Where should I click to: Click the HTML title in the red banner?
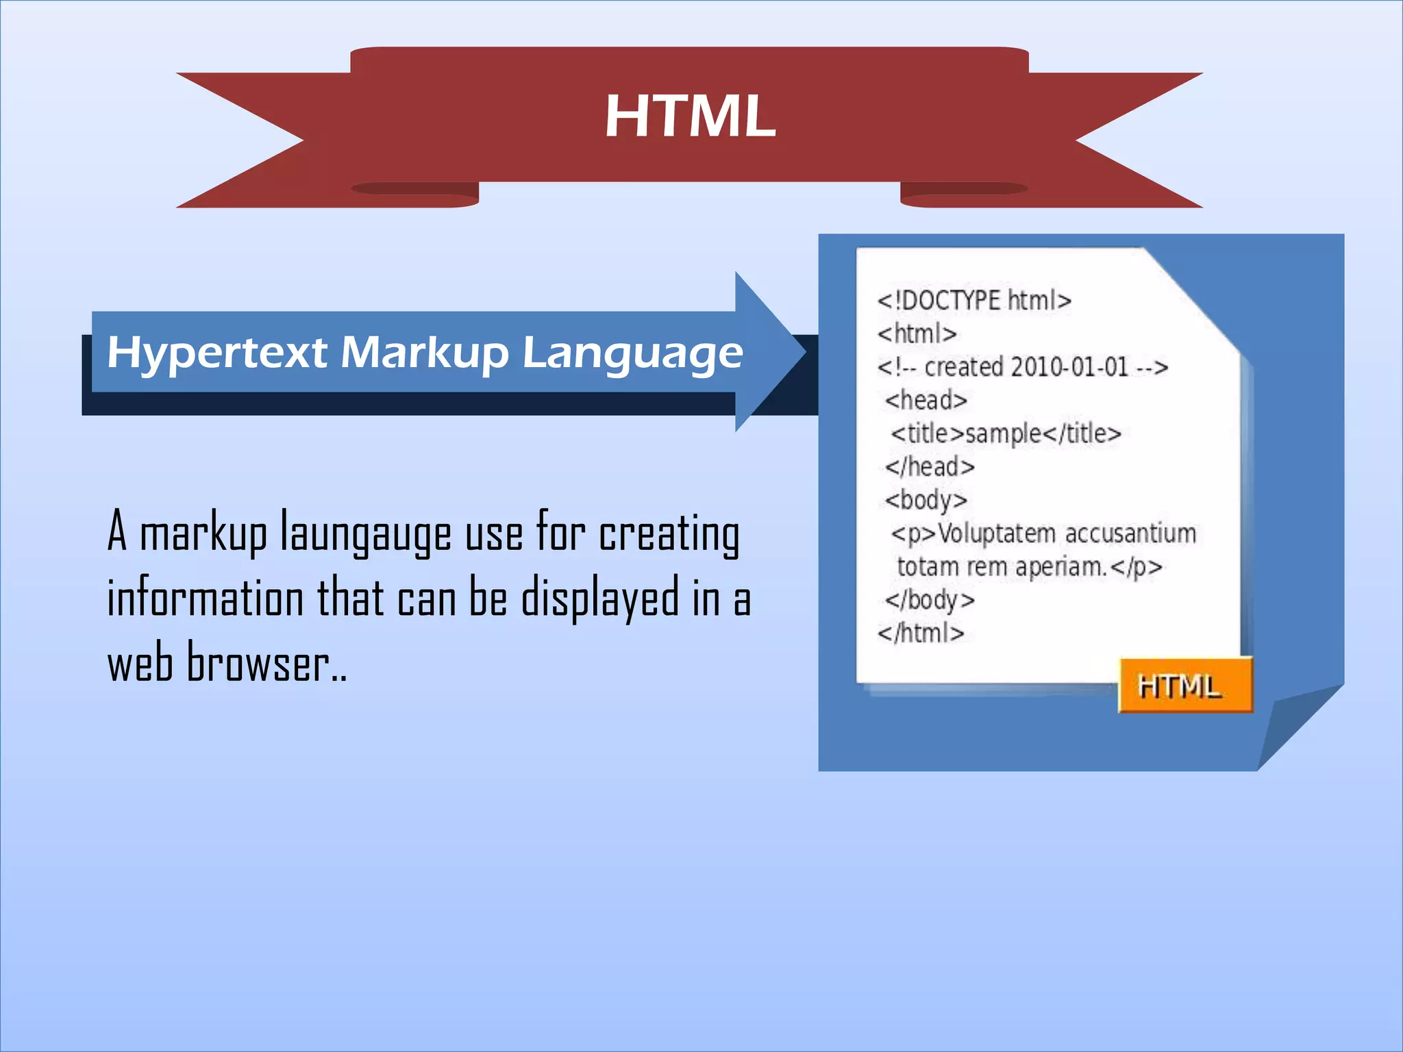point(690,116)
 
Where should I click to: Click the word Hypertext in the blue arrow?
point(217,353)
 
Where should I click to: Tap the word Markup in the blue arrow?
point(424,353)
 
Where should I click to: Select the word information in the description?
point(206,598)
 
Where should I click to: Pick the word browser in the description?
point(258,663)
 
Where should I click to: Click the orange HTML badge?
point(1185,686)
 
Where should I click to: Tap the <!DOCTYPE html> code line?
point(974,301)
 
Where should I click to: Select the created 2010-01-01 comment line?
point(1022,368)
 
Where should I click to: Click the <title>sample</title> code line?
point(1005,434)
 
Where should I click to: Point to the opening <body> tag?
point(926,501)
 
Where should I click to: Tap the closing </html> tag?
point(921,633)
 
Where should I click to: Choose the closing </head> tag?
point(930,467)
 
